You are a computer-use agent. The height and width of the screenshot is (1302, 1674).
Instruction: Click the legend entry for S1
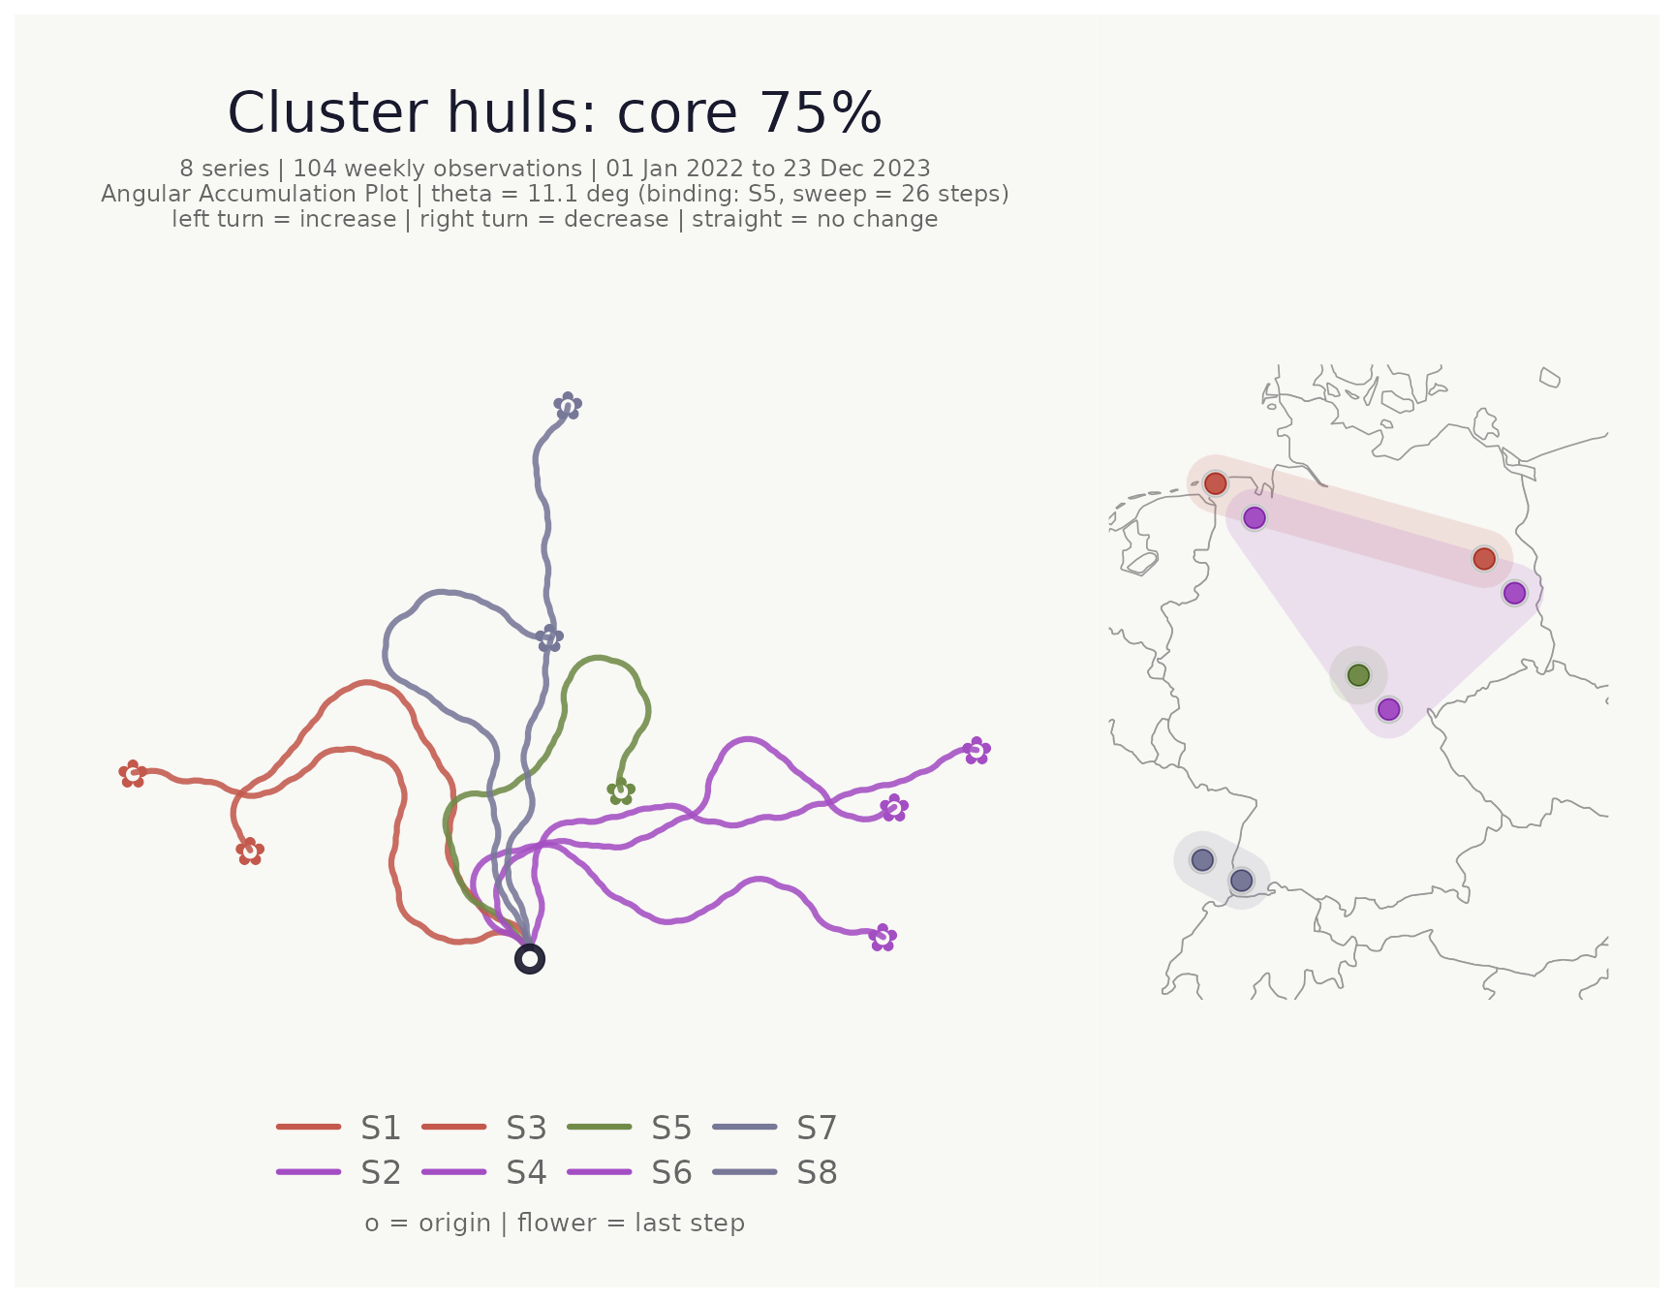coord(339,1128)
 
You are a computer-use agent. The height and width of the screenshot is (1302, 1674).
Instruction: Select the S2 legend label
coord(339,1172)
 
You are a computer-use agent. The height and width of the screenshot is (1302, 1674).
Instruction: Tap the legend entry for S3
coord(485,1128)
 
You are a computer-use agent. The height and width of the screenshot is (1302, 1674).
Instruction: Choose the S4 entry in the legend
coord(485,1172)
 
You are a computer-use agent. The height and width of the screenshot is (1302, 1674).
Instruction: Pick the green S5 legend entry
coord(630,1128)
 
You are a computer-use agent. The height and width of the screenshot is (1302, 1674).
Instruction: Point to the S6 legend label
coord(671,1172)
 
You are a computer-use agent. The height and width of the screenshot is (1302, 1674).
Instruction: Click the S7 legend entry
coord(775,1128)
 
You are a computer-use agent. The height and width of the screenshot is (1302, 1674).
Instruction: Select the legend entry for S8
coord(775,1172)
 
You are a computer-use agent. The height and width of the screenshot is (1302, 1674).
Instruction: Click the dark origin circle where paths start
coord(530,959)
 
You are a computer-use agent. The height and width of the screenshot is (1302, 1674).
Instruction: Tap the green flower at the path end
coord(621,791)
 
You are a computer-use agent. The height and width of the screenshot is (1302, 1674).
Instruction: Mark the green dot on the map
coord(1359,674)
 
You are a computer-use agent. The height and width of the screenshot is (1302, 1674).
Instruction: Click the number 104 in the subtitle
coord(314,169)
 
